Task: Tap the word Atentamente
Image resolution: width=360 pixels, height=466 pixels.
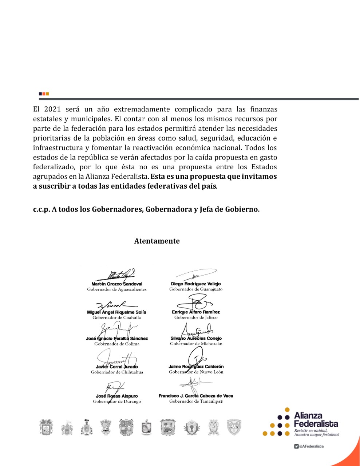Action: [157, 241]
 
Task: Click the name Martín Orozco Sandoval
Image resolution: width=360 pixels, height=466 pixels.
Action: [117, 284]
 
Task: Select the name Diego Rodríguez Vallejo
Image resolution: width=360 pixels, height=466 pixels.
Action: [196, 284]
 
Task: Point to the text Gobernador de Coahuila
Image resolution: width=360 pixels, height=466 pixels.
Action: [116, 317]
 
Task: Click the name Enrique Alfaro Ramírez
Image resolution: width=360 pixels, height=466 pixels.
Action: [196, 312]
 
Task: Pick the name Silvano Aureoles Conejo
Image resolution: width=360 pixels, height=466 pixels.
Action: [196, 338]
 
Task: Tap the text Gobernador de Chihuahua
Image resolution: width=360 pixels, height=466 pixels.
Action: [117, 372]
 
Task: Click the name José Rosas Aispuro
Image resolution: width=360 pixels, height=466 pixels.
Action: [117, 396]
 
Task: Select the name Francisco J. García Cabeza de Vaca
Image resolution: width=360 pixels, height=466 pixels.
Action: [196, 396]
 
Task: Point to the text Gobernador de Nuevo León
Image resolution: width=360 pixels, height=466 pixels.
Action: [196, 372]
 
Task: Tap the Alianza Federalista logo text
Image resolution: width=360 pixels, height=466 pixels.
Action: [316, 420]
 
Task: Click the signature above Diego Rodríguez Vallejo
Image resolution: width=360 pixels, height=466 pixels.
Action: [196, 274]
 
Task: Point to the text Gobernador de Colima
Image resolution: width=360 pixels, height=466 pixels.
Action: [117, 344]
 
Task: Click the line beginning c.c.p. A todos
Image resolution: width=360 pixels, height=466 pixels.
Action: [146, 209]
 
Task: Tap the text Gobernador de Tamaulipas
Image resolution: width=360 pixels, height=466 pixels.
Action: [196, 401]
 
